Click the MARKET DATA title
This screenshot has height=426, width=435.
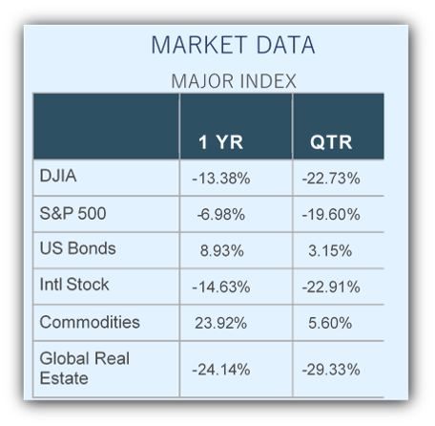click(233, 45)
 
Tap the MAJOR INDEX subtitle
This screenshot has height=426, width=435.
click(234, 81)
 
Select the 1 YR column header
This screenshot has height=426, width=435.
click(220, 142)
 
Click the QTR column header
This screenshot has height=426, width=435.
click(331, 142)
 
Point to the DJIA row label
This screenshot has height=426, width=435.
click(58, 176)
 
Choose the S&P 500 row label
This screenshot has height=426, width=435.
click(72, 213)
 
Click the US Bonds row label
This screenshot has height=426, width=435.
click(77, 248)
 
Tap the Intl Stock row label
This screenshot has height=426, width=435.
click(74, 285)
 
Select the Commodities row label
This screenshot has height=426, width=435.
click(90, 322)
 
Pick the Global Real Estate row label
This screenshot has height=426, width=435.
click(85, 369)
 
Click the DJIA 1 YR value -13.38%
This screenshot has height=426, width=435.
click(221, 179)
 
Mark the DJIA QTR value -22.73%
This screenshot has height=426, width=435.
click(331, 179)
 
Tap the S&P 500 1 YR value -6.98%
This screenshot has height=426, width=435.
click(221, 214)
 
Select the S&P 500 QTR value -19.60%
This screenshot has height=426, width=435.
click(331, 214)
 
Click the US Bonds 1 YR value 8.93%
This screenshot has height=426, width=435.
click(222, 251)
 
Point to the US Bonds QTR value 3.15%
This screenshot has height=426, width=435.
click(330, 251)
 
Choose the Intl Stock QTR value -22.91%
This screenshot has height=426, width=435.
click(331, 288)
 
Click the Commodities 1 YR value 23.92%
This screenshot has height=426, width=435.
click(221, 324)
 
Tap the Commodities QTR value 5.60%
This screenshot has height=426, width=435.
click(330, 324)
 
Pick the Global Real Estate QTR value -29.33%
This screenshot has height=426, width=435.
click(331, 370)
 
